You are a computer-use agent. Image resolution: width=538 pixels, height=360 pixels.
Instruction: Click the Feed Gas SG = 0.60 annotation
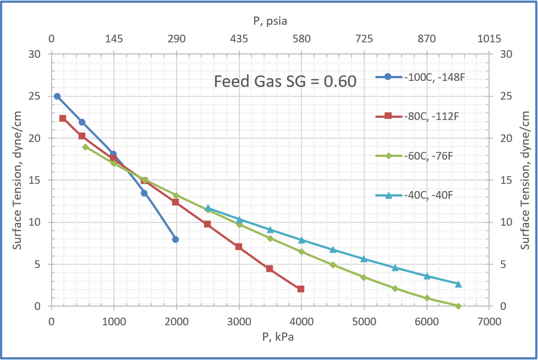(285, 81)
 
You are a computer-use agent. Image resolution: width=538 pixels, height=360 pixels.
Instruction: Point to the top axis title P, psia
(270, 21)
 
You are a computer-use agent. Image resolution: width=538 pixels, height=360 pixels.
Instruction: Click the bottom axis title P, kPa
(270, 337)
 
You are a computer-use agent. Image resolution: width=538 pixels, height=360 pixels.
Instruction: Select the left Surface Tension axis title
(18, 180)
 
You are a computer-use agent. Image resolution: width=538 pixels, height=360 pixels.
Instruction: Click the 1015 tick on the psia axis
(489, 39)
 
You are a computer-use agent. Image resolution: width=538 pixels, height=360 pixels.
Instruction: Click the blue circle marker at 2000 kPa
(175, 239)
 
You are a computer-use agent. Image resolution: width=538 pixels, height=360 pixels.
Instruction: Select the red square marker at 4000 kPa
(301, 289)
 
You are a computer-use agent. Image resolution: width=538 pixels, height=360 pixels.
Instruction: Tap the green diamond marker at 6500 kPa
(458, 306)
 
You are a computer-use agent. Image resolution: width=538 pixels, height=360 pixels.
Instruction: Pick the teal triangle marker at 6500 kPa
(458, 284)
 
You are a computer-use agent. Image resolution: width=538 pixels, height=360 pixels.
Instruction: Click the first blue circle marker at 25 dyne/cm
(57, 96)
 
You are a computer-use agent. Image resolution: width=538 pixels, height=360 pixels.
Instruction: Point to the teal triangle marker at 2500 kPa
(207, 209)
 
